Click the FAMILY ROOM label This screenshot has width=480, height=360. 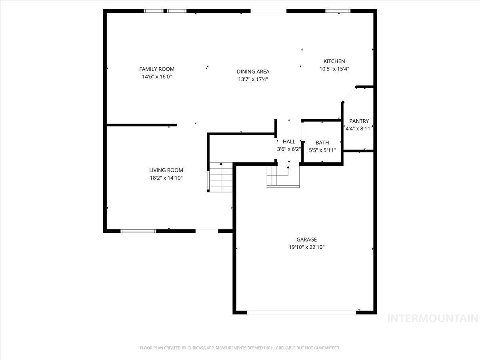pyautogui.click(x=157, y=69)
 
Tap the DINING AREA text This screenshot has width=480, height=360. pyautogui.click(x=253, y=72)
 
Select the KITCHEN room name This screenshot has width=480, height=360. pyautogui.click(x=334, y=61)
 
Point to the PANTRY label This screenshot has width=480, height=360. pyautogui.click(x=359, y=121)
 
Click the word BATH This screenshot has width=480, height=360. pyautogui.click(x=322, y=142)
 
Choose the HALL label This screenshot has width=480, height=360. pyautogui.click(x=289, y=142)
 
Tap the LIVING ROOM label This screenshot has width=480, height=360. pyautogui.click(x=166, y=170)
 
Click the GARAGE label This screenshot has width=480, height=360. pyautogui.click(x=306, y=240)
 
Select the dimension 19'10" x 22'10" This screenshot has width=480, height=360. pyautogui.click(x=306, y=247)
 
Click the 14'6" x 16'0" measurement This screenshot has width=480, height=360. pyautogui.click(x=157, y=77)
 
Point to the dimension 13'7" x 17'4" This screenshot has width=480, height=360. pyautogui.click(x=253, y=79)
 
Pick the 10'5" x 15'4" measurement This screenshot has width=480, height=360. pyautogui.click(x=334, y=69)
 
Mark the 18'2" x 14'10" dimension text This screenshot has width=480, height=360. pyautogui.click(x=166, y=178)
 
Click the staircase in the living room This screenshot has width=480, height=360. pyautogui.click(x=220, y=177)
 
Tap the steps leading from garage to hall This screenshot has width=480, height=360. pyautogui.click(x=283, y=176)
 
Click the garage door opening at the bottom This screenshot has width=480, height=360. pyautogui.click(x=302, y=312)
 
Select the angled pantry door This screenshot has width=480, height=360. pyautogui.click(x=349, y=94)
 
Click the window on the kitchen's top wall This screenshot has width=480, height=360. pyautogui.click(x=338, y=11)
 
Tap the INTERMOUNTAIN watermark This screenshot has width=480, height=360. pyautogui.click(x=433, y=318)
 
